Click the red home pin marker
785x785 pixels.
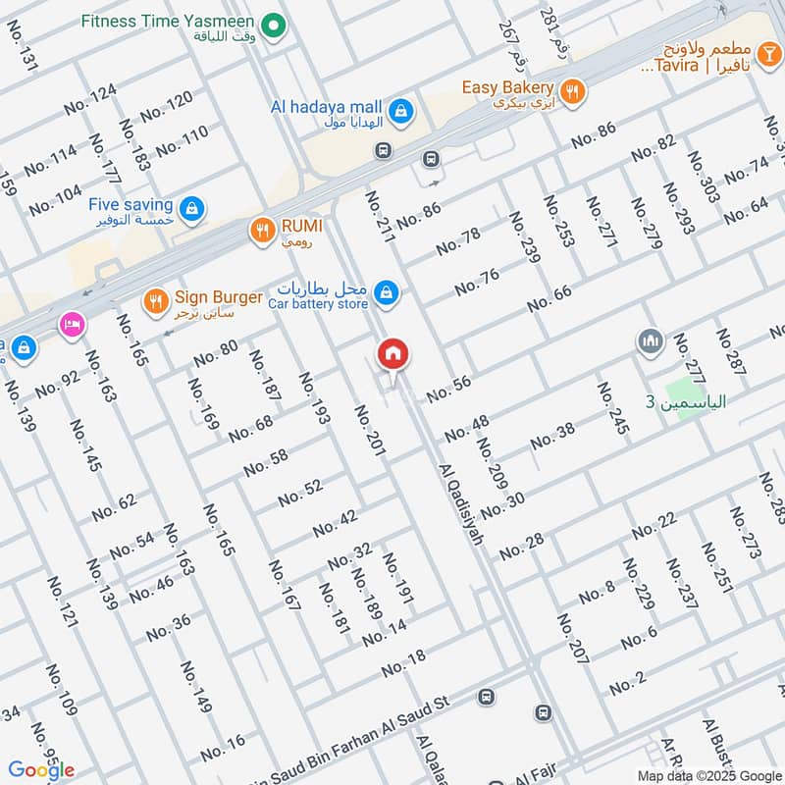point(393,354)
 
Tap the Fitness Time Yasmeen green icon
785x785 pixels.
point(277,21)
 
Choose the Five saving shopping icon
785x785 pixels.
point(193,208)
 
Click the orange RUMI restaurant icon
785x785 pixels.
point(261,231)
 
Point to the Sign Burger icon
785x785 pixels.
point(154,300)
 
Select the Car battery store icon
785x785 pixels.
point(388,292)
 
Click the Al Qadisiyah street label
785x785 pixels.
point(461,506)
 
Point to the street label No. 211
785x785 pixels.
point(380,216)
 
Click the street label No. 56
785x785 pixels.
point(448,389)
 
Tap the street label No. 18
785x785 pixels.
point(403,664)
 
